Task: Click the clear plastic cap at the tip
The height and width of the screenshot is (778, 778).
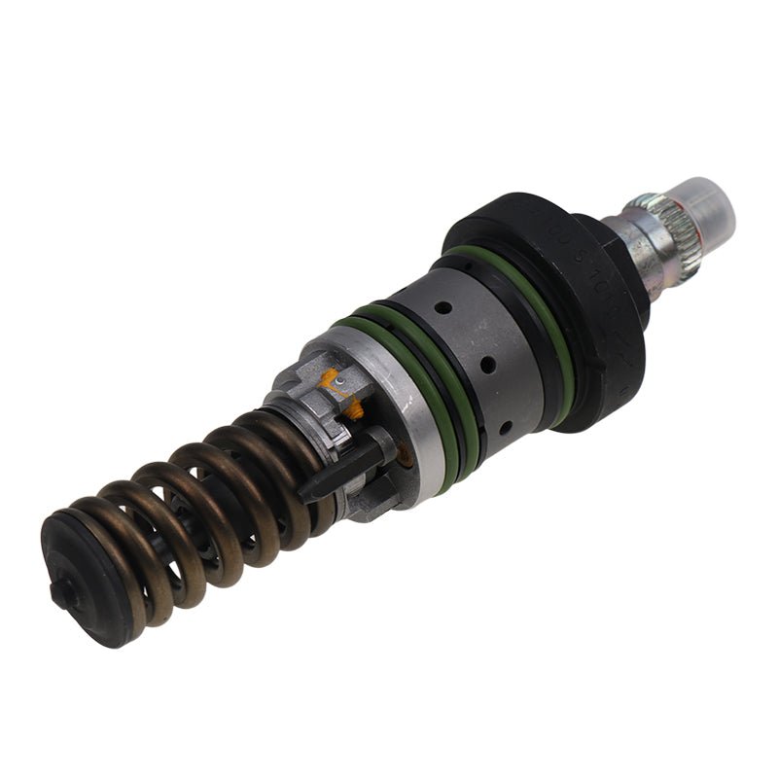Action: [x=704, y=206]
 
